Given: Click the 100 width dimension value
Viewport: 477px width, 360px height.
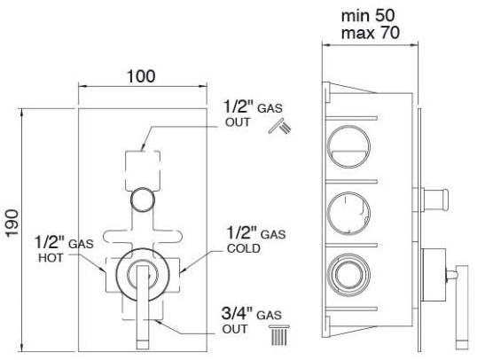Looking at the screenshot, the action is tap(141, 76).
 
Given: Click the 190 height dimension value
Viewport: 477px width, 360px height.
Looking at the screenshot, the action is tap(12, 223).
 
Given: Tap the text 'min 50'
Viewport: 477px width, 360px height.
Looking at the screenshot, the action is tap(368, 15).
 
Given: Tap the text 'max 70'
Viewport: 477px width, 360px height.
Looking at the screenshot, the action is tap(370, 33).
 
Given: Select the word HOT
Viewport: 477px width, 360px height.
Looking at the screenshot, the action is tap(51, 258).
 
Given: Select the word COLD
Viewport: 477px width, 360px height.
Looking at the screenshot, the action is tap(244, 248).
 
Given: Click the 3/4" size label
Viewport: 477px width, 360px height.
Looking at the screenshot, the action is tap(237, 313).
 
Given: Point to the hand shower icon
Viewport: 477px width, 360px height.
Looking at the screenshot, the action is tap(280, 126).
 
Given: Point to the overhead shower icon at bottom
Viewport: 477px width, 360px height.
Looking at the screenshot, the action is tap(279, 335).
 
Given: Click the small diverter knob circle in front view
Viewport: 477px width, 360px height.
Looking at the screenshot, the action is tap(143, 200).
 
